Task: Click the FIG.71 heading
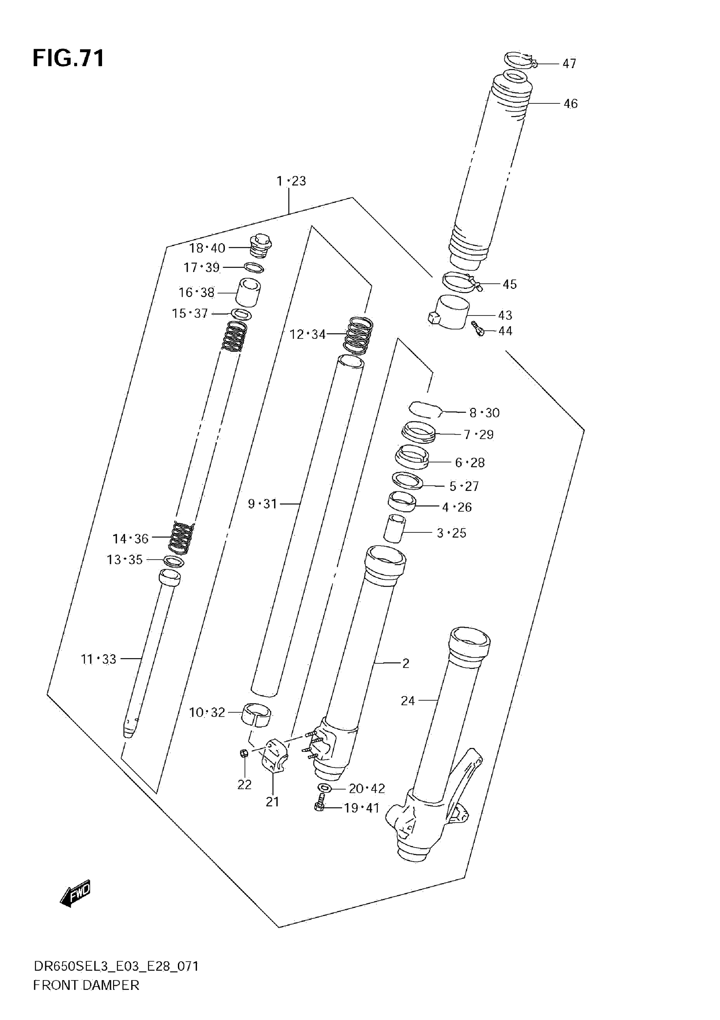[69, 58]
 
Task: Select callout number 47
[569, 64]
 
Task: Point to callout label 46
[570, 104]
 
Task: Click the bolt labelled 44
[477, 329]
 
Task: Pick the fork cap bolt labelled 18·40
[261, 246]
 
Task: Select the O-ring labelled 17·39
[254, 267]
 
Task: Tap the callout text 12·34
[307, 335]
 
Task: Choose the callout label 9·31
[262, 504]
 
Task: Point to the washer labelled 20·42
[325, 789]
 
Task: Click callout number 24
[407, 701]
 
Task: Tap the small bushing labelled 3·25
[394, 529]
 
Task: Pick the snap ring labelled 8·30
[424, 410]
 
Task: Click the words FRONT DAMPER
[86, 985]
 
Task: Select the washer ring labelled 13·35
[174, 561]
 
